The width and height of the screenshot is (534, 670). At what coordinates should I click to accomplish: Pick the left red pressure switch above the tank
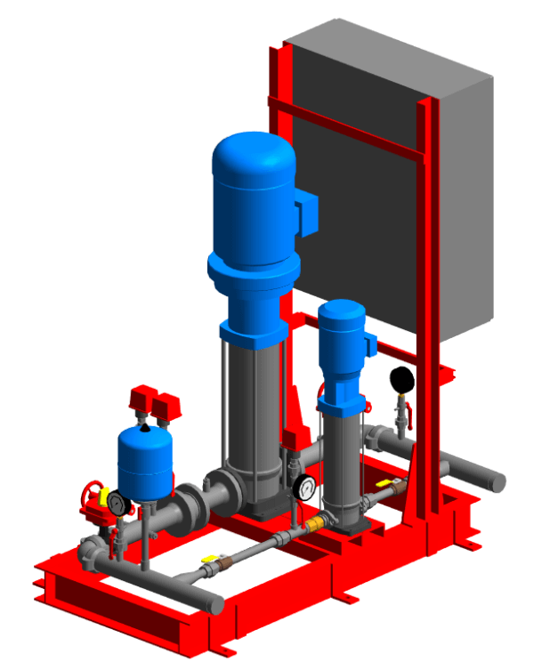[140, 400]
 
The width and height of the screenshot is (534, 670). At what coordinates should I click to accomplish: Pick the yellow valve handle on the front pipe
[210, 560]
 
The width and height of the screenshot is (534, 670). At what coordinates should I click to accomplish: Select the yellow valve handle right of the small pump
[384, 483]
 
